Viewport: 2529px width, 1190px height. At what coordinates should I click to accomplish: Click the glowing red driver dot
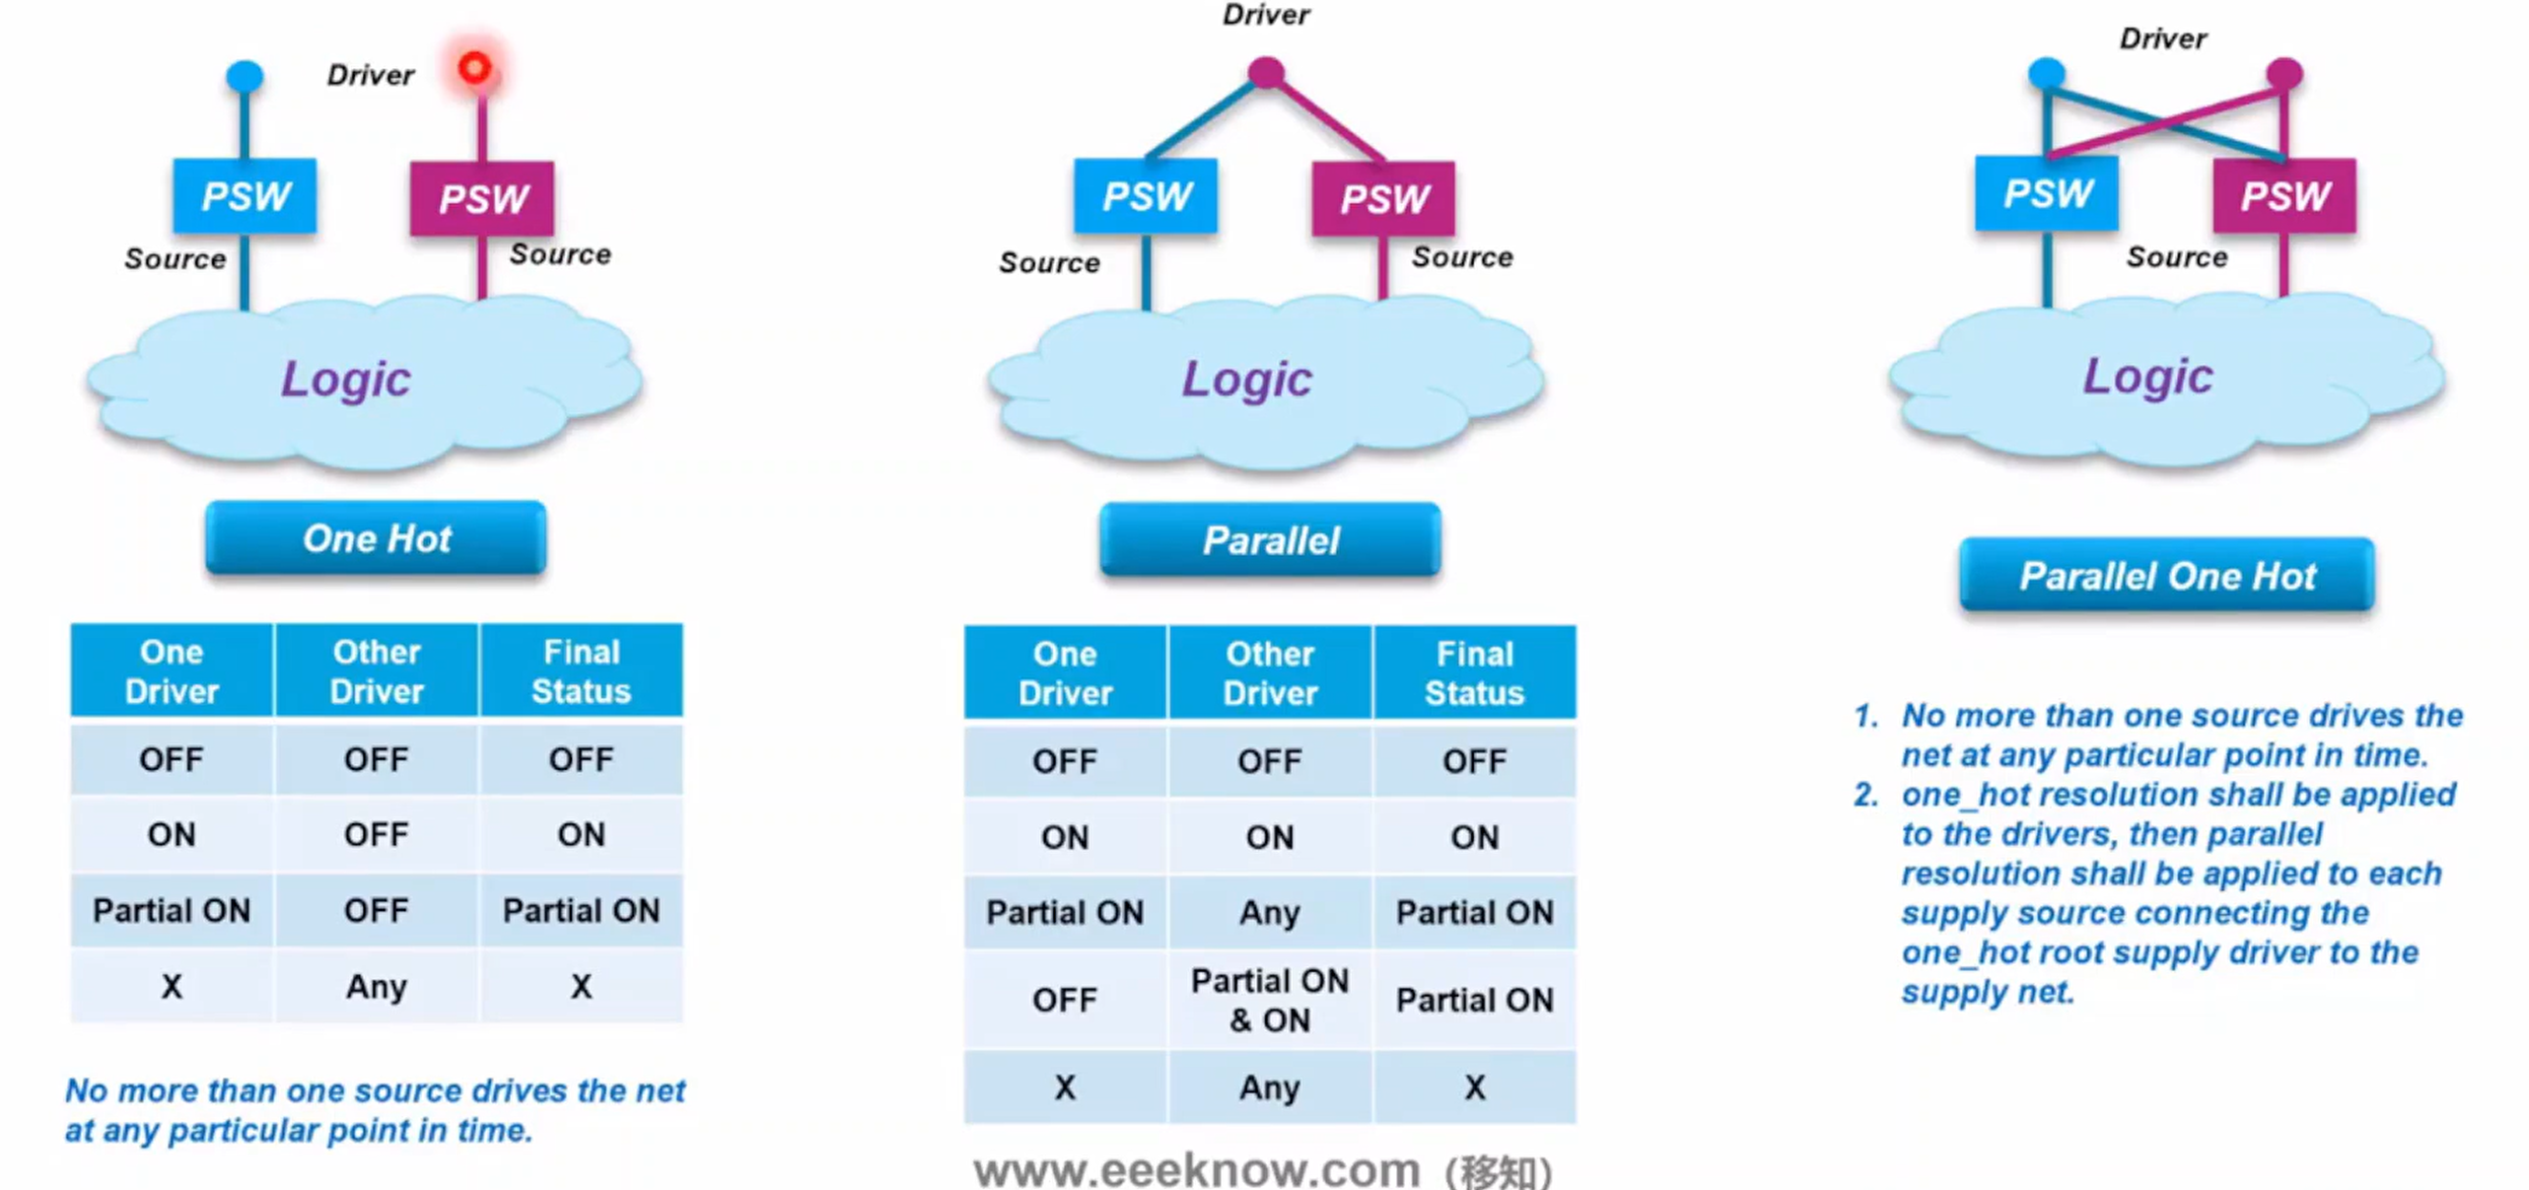click(475, 68)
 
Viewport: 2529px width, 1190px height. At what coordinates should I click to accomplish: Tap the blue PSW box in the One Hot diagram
click(245, 195)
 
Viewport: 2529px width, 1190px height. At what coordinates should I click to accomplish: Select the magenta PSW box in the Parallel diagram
click(1383, 198)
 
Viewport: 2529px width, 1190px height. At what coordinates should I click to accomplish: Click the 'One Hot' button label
click(377, 538)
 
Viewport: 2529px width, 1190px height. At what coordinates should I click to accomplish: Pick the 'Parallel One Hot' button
click(2167, 575)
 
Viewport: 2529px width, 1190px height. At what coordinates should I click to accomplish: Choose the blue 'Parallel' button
click(1270, 540)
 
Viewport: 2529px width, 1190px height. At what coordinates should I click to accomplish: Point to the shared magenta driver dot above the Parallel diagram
click(1266, 71)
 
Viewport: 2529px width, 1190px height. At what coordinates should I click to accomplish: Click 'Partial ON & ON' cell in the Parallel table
click(1270, 1000)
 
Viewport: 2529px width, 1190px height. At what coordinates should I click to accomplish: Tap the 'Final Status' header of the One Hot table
click(582, 670)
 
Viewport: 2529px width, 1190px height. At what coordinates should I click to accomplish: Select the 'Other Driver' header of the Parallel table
click(1270, 672)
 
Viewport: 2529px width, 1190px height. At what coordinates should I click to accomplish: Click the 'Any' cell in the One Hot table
click(377, 986)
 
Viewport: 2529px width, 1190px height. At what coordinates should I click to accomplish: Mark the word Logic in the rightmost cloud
click(2148, 376)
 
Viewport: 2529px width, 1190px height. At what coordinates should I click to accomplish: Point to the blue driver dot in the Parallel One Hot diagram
click(2047, 72)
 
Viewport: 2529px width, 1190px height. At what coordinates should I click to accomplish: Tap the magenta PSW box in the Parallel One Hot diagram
click(2284, 195)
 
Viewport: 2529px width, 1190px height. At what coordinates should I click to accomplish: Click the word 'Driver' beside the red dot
click(371, 75)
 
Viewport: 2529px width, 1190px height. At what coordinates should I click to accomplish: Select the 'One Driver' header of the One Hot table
click(172, 670)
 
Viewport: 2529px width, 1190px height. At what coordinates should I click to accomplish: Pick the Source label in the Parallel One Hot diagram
click(2177, 257)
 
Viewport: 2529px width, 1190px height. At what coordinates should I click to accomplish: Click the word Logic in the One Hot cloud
click(346, 379)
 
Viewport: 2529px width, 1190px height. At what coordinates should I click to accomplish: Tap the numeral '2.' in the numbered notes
click(1865, 795)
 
